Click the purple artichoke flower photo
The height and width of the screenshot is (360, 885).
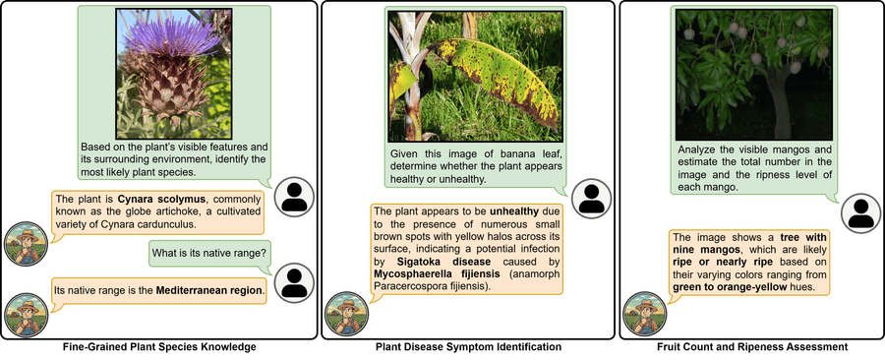point(174,74)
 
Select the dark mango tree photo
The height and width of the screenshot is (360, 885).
point(753,75)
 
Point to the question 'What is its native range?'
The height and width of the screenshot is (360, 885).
point(209,254)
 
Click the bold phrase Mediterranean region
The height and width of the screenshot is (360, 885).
point(209,292)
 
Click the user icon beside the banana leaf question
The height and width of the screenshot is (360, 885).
point(592,199)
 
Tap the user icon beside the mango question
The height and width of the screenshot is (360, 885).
point(861,213)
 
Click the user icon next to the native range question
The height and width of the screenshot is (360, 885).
point(294,282)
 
